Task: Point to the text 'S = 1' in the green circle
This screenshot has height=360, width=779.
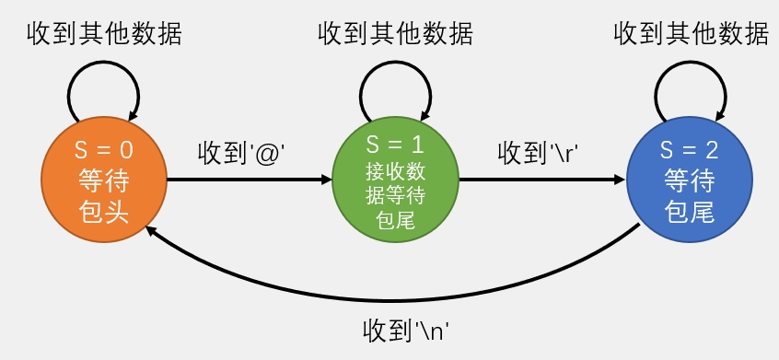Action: coord(395,144)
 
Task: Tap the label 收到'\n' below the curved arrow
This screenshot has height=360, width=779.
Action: coord(411,329)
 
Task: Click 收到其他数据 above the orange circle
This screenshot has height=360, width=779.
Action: coord(103,34)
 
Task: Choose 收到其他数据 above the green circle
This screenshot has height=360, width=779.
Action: coord(395,34)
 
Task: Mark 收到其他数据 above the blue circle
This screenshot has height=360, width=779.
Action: coord(691,34)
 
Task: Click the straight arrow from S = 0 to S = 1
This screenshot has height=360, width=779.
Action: coord(249,180)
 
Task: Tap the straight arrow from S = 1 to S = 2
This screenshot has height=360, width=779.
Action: coord(541,180)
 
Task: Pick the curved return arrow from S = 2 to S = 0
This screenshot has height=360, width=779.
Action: coord(396,296)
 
